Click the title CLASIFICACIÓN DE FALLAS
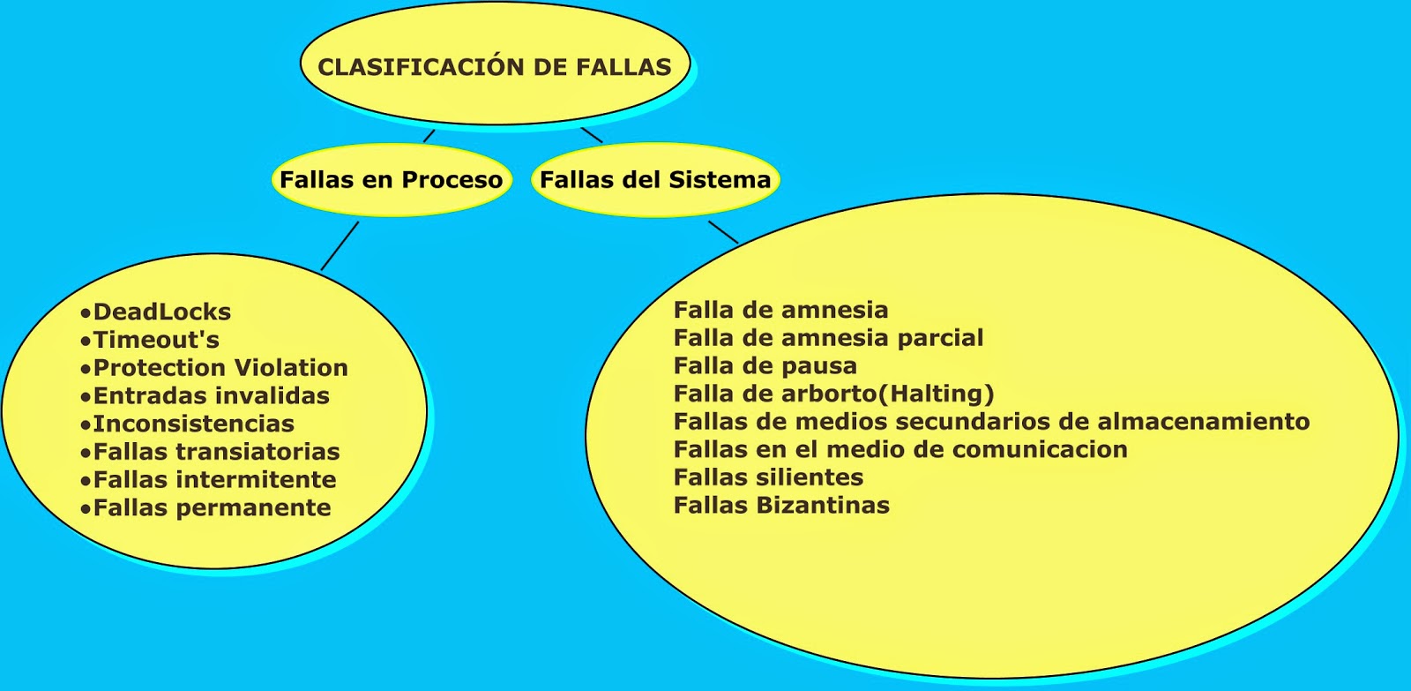(x=494, y=67)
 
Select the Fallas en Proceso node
(x=391, y=180)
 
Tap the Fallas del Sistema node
(x=655, y=180)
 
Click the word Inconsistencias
(x=193, y=424)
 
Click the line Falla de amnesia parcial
(x=828, y=338)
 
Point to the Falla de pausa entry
(x=765, y=366)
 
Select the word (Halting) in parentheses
(x=942, y=394)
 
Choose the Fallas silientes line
(x=768, y=477)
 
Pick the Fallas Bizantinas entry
(x=781, y=506)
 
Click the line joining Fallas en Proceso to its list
(x=340, y=245)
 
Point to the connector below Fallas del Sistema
(x=723, y=231)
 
